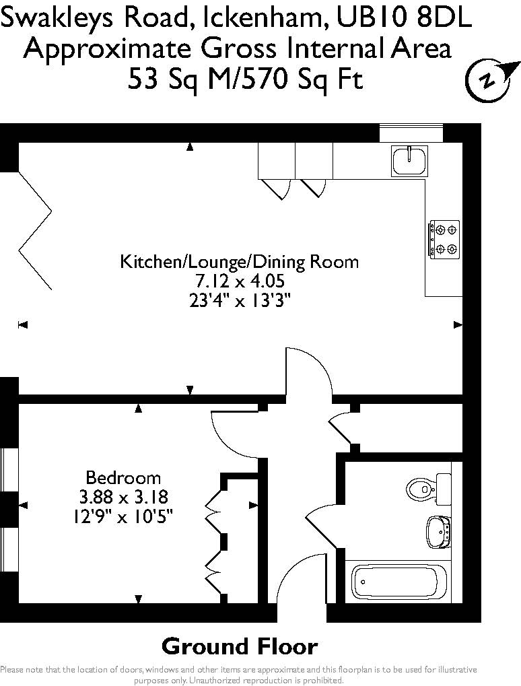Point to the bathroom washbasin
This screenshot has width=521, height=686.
(x=438, y=531)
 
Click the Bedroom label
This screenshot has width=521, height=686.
(x=123, y=477)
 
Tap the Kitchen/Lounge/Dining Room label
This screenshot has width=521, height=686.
(x=239, y=262)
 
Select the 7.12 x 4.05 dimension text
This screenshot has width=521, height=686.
(x=240, y=281)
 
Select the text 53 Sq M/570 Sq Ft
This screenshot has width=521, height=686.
(x=246, y=79)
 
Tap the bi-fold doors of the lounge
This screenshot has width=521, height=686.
(x=36, y=230)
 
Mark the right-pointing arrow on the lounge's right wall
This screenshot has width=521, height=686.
(x=458, y=324)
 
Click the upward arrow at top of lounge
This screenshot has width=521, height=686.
(x=190, y=147)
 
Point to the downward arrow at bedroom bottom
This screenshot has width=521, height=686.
(x=138, y=599)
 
